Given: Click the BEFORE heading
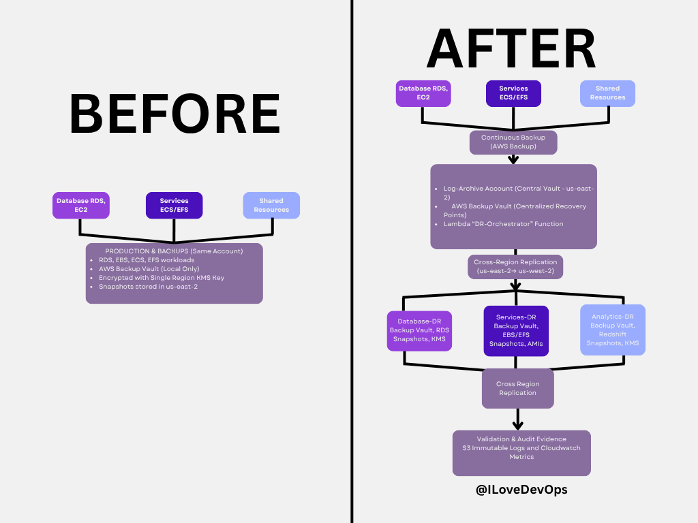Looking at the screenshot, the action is point(174,114).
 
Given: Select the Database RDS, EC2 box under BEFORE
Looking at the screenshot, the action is point(80,205).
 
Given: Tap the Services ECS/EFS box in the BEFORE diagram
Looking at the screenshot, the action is point(174,205).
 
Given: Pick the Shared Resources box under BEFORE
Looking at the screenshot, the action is point(271,205).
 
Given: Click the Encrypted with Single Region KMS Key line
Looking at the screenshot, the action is point(161,277).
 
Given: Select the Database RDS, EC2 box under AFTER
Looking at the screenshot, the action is point(423,93).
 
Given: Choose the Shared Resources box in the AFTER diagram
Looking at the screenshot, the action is point(607,93).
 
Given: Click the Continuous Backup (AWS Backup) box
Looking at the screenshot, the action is point(513,142).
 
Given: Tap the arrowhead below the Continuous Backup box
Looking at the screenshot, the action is point(513,160).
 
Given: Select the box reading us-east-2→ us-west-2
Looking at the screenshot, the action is point(515,266).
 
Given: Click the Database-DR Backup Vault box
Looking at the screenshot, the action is point(419,330).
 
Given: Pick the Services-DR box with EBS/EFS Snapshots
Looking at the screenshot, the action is point(516,331).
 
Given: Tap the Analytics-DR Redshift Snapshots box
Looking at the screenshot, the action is point(613,330).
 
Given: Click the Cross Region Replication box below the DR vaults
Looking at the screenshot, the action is point(517,388).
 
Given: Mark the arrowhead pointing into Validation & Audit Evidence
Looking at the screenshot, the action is point(517,424).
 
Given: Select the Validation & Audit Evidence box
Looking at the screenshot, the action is point(521,452).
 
